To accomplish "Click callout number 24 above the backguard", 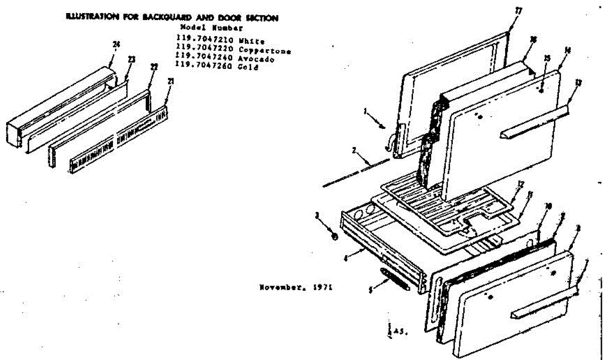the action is click(x=117, y=45).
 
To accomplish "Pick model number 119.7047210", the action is click(x=199, y=42).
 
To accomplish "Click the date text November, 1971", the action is click(x=295, y=288).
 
